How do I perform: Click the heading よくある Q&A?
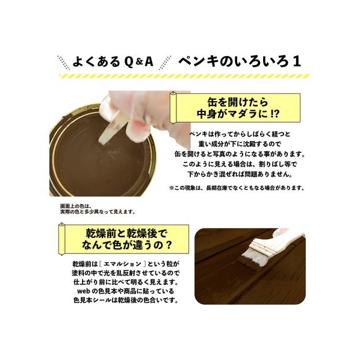pyautogui.click(x=113, y=61)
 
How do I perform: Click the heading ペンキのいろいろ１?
pyautogui.click(x=239, y=61)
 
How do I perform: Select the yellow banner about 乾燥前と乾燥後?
pyautogui.click(x=124, y=239)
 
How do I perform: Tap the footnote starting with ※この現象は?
pyautogui.click(x=237, y=188)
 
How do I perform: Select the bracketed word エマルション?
pyautogui.click(x=122, y=264)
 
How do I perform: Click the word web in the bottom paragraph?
pyautogui.click(x=84, y=291)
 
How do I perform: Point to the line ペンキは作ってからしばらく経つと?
pyautogui.click(x=240, y=134)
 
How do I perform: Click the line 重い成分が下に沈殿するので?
pyautogui.click(x=240, y=144)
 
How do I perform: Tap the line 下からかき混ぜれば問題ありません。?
pyautogui.click(x=240, y=174)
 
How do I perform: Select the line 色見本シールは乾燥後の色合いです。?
pyautogui.click(x=126, y=300)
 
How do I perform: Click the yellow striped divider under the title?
pyautogui.click(x=184, y=76)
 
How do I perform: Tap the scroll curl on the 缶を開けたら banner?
pyautogui.click(x=173, y=107)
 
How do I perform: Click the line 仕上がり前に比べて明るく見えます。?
pyautogui.click(x=126, y=282)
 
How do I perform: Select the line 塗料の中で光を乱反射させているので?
pyautogui.click(x=126, y=273)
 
